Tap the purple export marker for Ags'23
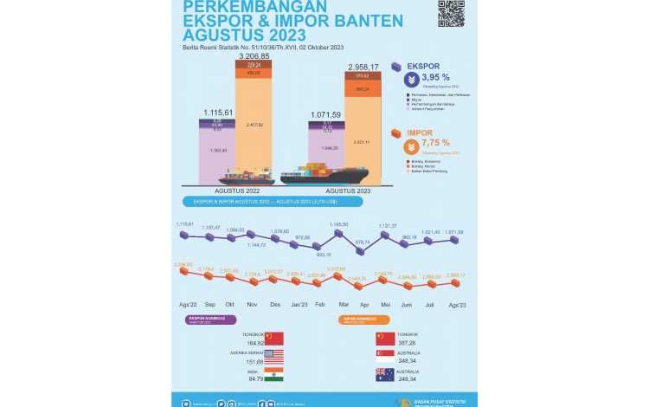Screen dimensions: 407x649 pos(455,240)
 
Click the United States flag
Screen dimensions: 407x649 pos(273,356)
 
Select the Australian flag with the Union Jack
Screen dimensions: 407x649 pos(385,374)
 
